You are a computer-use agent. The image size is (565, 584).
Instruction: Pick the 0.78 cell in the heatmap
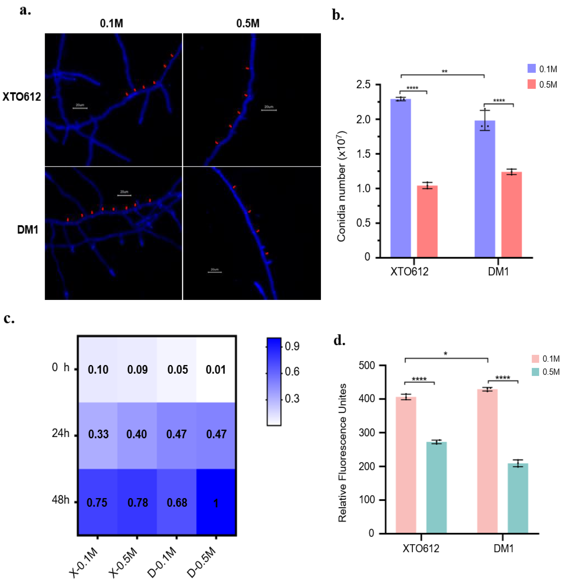[138, 503]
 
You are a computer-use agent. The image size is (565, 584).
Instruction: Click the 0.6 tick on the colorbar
[292, 372]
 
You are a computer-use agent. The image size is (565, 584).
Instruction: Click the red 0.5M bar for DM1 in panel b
[511, 215]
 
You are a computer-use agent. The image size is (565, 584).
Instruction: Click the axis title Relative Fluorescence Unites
[342, 453]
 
